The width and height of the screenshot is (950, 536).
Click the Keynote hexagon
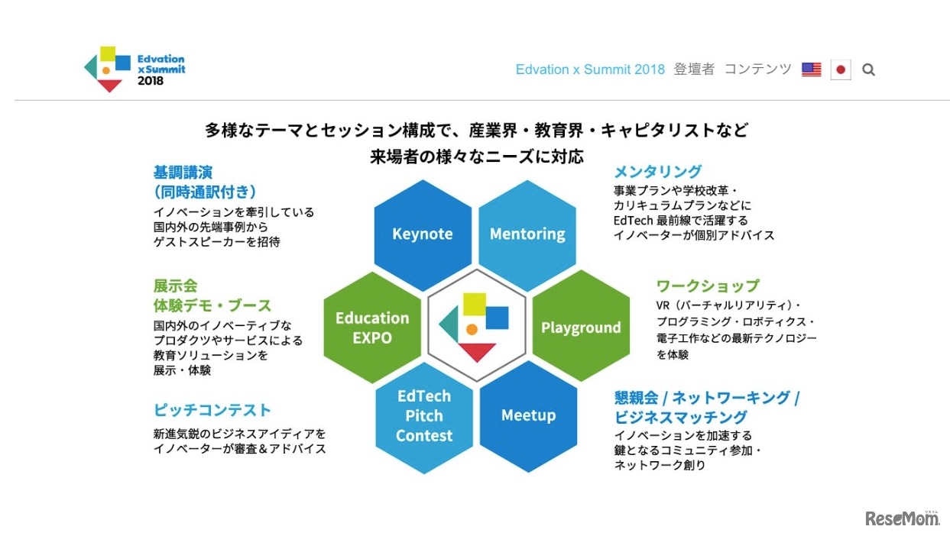(x=423, y=235)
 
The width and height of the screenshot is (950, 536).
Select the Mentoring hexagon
(x=527, y=235)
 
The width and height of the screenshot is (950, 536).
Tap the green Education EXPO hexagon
(x=372, y=327)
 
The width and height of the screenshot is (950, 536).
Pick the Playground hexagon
(x=581, y=326)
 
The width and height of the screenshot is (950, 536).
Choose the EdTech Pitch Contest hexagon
(x=424, y=418)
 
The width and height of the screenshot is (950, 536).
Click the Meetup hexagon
(x=528, y=417)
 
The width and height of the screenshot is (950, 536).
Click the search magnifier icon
(x=868, y=69)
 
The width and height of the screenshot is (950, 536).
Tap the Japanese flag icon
(x=841, y=69)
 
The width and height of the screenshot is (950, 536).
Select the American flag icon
(x=812, y=69)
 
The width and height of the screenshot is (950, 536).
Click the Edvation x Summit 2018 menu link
(x=590, y=69)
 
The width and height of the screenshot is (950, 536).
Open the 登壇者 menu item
(x=694, y=69)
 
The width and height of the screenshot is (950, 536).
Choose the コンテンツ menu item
(x=758, y=69)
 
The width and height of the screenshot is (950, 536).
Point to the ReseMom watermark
(x=903, y=518)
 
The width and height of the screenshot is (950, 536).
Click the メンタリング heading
(x=658, y=172)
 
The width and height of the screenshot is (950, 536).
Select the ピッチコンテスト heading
(x=212, y=410)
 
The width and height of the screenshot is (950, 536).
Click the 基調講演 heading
(x=183, y=173)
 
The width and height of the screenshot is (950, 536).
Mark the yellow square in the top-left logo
(x=108, y=53)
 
